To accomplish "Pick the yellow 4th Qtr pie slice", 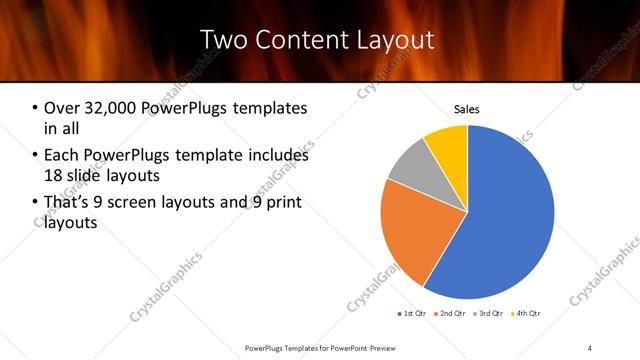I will point(447,145).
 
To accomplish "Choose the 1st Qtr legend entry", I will point(413,314).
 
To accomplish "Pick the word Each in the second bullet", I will point(62,155).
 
